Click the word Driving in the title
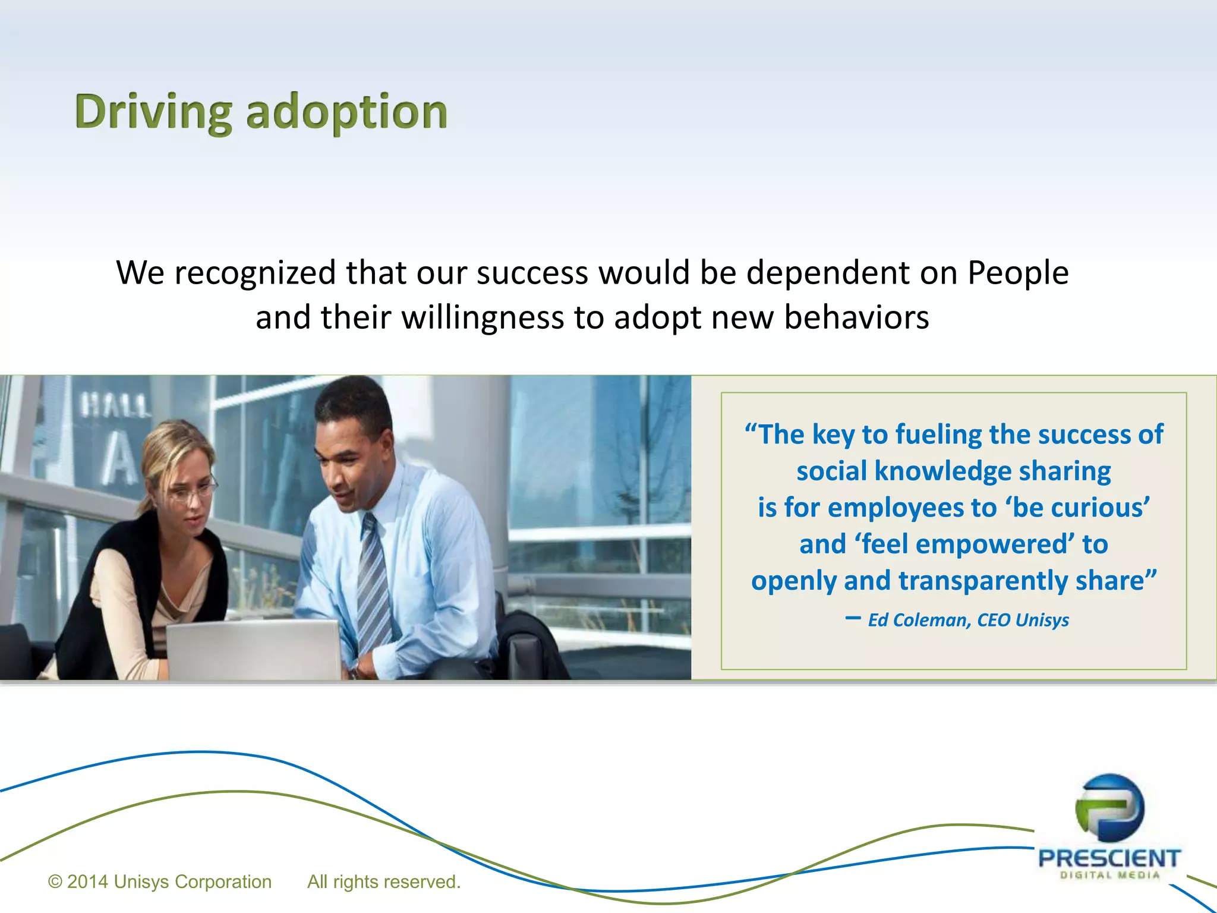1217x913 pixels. click(x=153, y=112)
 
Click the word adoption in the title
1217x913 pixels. click(x=346, y=112)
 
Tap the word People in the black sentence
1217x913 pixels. click(x=1018, y=273)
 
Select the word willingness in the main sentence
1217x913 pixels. click(x=482, y=317)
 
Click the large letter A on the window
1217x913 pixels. click(x=121, y=460)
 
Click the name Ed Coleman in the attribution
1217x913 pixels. click(x=919, y=620)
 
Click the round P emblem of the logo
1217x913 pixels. click(x=1109, y=807)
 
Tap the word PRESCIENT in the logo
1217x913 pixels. click(x=1109, y=858)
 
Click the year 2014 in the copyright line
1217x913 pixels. click(x=87, y=881)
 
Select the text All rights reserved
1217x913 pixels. click(x=383, y=881)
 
